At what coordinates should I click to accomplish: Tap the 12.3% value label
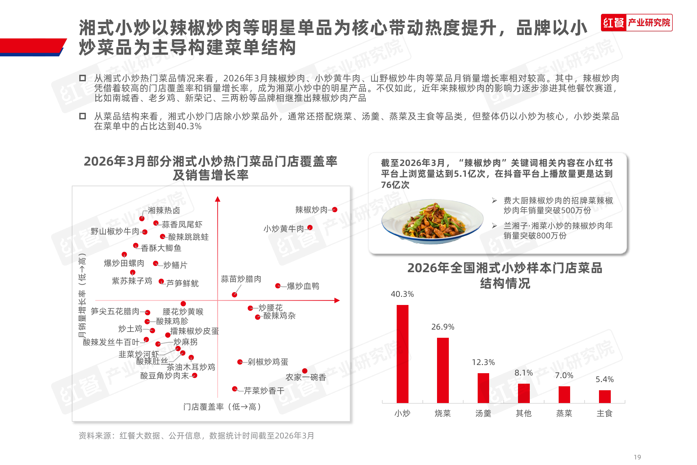pyautogui.click(x=483, y=362)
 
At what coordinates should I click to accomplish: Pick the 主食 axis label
pyautogui.click(x=604, y=413)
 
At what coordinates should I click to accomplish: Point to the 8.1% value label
pyautogui.click(x=523, y=373)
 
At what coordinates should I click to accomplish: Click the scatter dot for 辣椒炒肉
pyautogui.click(x=335, y=210)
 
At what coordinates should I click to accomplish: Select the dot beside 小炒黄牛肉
pyautogui.click(x=310, y=228)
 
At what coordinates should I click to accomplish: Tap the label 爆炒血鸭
pyautogui.click(x=303, y=286)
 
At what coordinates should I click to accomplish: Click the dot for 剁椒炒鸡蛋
pyautogui.click(x=240, y=362)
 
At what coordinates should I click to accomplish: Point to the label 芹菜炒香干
pyautogui.click(x=264, y=391)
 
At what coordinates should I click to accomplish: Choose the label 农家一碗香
pyautogui.click(x=306, y=377)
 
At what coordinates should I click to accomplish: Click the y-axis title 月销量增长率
pyautogui.click(x=82, y=295)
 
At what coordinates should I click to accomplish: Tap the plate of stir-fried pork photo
pyautogui.click(x=432, y=221)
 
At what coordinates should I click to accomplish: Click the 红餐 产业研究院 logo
pyautogui.click(x=636, y=23)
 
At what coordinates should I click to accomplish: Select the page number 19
pyautogui.click(x=637, y=457)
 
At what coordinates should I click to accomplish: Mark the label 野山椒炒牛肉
pyautogui.click(x=115, y=232)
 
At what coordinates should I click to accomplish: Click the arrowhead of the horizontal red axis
pyautogui.click(x=337, y=300)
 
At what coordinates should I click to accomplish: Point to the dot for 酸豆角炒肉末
pyautogui.click(x=195, y=375)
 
